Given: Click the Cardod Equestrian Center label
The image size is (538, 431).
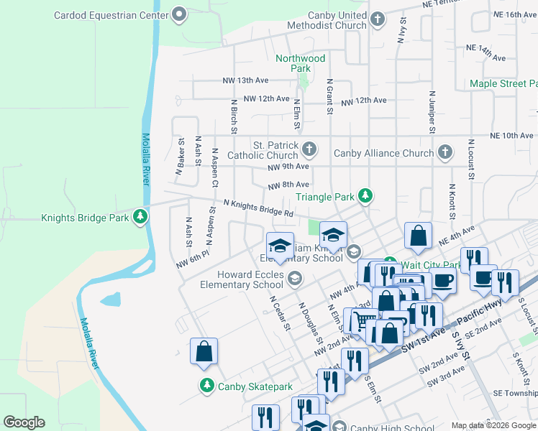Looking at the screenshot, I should [x=111, y=14].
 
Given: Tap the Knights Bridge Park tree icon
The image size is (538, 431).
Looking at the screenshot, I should [x=141, y=218].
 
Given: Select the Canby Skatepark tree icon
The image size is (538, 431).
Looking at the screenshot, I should [x=206, y=386].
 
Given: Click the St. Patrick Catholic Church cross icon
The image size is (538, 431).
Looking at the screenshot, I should [x=309, y=149].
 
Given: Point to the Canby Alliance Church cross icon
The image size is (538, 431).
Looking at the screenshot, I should [x=445, y=152].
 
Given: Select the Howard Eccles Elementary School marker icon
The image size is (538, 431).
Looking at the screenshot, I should [x=294, y=278].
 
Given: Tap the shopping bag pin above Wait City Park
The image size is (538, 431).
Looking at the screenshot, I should [x=418, y=235].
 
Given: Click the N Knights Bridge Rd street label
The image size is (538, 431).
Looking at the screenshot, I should [x=258, y=208].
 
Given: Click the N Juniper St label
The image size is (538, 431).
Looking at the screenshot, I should [x=432, y=112].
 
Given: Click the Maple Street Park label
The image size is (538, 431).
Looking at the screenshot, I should [x=503, y=84].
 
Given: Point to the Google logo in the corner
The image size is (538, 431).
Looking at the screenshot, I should [x=24, y=422].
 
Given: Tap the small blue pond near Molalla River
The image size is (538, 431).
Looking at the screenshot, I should [x=111, y=299].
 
